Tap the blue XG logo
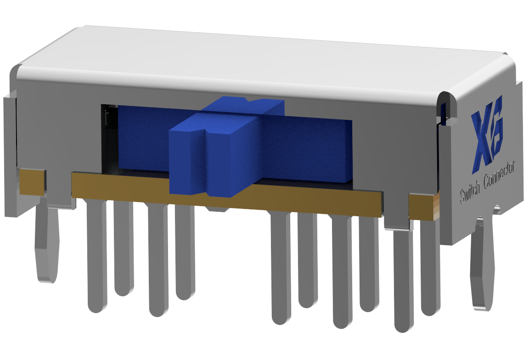point(487,135)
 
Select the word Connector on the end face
point(500,175)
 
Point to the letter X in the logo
point(481,142)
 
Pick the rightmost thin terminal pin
point(430,266)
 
